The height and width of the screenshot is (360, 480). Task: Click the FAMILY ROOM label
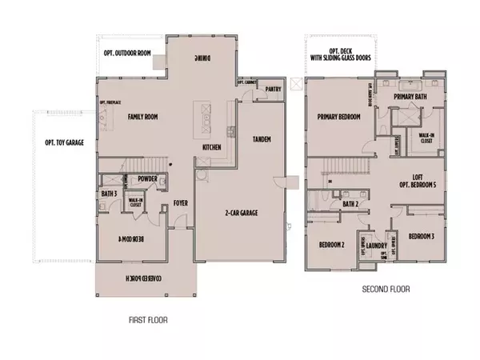146,118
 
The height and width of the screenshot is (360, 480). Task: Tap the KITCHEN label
211,148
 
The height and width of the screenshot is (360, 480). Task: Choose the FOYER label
181,203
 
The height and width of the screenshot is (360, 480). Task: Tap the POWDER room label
146,179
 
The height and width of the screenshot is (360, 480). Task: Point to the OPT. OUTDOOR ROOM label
126,54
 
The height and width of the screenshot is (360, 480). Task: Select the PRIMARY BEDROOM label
338,117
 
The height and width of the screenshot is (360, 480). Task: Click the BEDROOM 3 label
421,237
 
